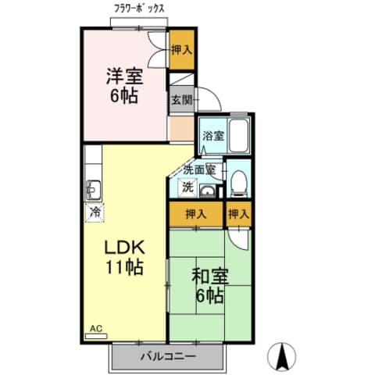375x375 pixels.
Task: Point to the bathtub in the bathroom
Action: coord(238,136)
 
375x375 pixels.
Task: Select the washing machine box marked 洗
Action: coord(187,187)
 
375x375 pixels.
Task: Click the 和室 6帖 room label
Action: coord(209,286)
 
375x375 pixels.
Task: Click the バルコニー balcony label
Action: coord(168,356)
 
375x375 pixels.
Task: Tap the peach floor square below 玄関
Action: coord(181,127)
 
